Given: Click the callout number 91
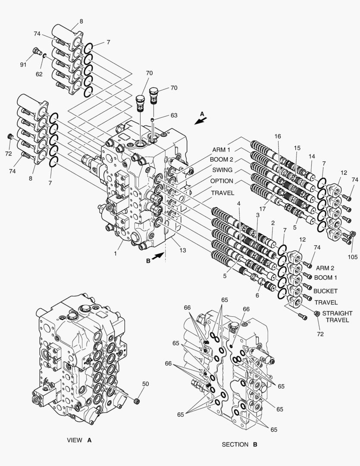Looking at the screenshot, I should coord(23,65).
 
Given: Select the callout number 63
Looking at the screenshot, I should coord(174,115).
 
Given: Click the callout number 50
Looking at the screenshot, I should coord(145,384).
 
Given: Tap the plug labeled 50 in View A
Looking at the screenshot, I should coord(138,402).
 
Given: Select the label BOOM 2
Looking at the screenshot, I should coord(222,160).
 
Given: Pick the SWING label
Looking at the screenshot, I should coord(222,170).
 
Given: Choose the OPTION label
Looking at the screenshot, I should coord(222,181).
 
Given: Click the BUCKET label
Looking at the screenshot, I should coord(325,291).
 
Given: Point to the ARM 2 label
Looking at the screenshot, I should coord(325,268).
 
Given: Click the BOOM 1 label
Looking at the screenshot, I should coord(326,278).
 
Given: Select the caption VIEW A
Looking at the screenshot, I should coord(79,441).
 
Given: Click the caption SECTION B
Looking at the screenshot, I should coord(239,444).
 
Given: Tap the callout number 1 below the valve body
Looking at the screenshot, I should coord(116,254).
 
